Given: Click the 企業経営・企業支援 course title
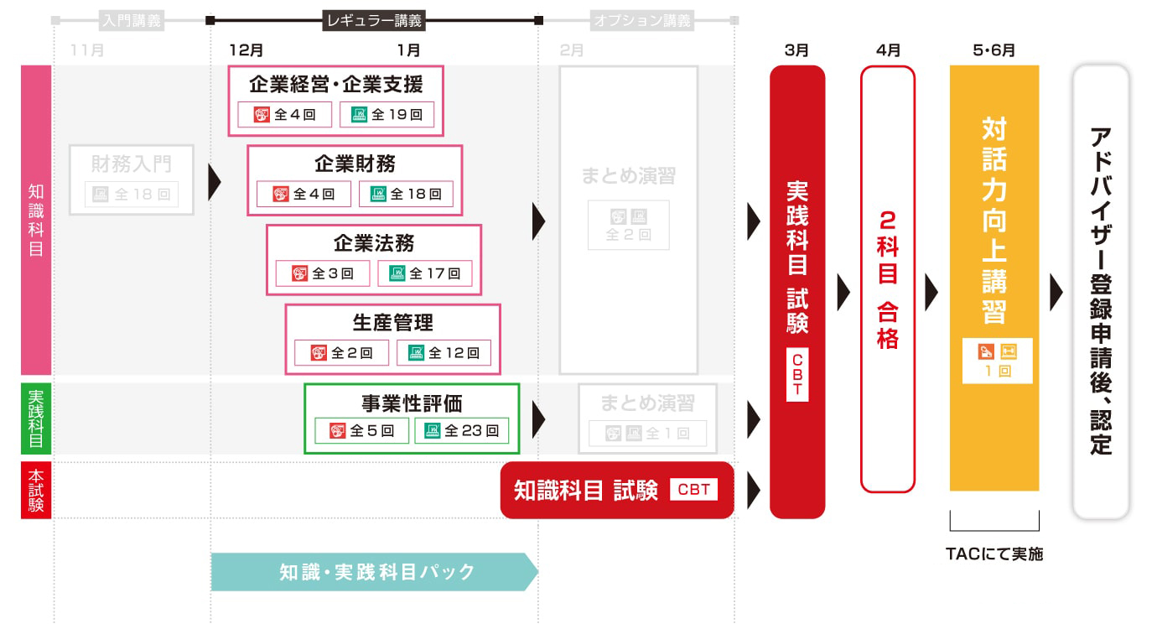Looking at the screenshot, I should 335,84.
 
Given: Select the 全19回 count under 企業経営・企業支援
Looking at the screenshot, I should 387,115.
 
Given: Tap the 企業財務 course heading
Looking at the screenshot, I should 355,163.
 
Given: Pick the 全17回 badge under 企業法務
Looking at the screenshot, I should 424,273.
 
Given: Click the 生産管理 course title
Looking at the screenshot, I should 392,322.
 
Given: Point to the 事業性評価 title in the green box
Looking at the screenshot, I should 412,403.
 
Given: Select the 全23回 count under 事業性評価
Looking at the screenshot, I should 461,431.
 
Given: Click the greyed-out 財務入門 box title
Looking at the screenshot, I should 132,164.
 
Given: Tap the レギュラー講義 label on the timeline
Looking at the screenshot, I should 374,20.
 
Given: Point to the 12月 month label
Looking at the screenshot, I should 246,50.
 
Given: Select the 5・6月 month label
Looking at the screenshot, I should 994,50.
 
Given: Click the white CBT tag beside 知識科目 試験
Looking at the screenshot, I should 693,490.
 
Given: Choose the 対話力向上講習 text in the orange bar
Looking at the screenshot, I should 994,222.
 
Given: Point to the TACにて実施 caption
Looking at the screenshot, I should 994,554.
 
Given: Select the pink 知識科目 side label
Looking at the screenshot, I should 36,220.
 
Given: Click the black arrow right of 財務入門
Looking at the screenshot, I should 215,182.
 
